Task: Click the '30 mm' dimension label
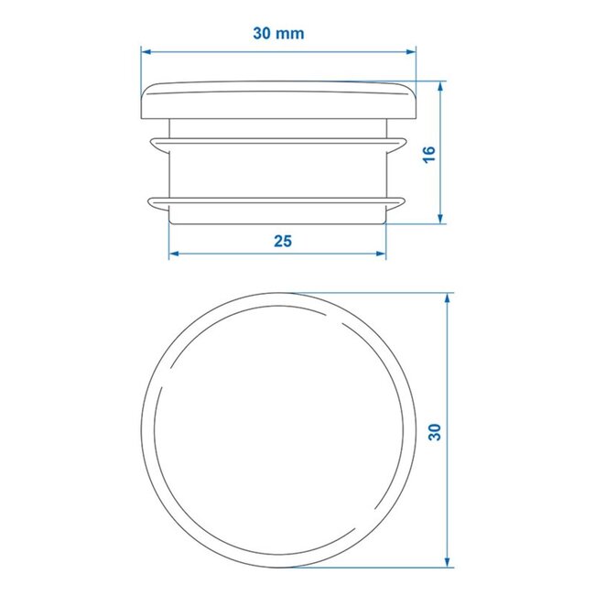(278, 33)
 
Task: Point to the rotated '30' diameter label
(434, 429)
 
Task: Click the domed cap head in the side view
(278, 99)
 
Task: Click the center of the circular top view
(278, 430)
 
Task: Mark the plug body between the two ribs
(278, 170)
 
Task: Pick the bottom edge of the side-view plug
(278, 221)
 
